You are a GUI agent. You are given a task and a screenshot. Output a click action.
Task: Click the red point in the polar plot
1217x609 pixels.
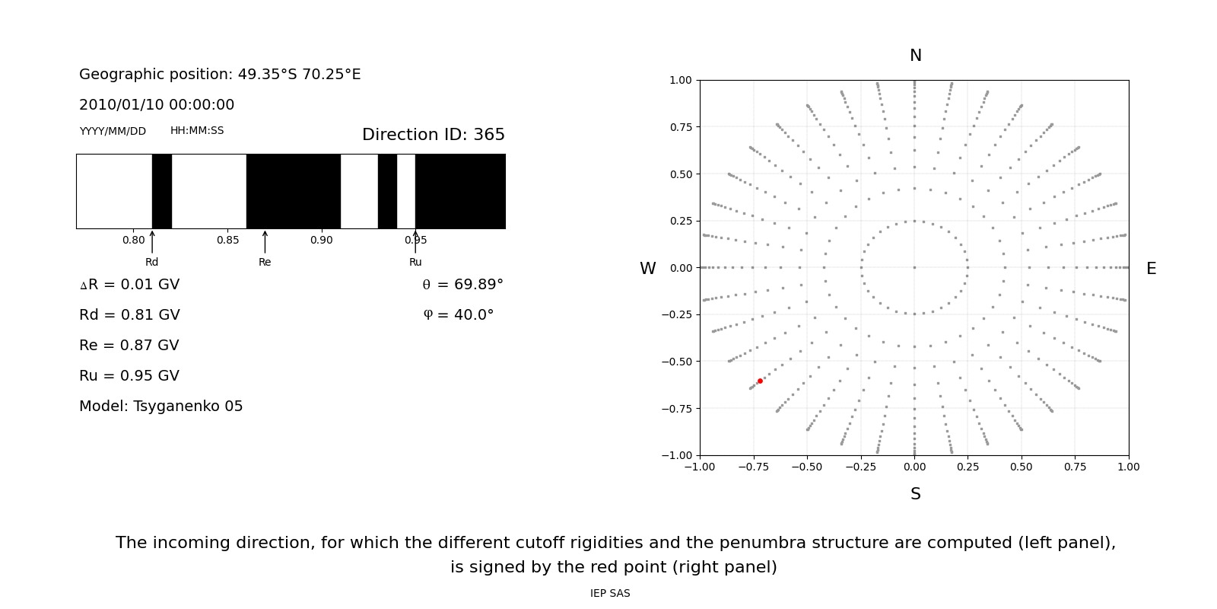click(760, 381)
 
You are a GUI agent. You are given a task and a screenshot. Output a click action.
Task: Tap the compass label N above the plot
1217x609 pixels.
click(916, 56)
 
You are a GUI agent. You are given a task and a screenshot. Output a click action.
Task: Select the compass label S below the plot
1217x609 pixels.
click(916, 494)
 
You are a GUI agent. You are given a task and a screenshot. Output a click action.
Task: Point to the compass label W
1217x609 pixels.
click(647, 269)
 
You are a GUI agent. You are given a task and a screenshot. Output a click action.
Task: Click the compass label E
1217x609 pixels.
click(1151, 269)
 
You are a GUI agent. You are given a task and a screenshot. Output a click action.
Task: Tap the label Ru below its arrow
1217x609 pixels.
click(415, 263)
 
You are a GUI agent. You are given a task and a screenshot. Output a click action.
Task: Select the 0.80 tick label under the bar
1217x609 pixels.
click(133, 241)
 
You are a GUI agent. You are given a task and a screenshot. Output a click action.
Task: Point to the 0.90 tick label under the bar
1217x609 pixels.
click(321, 241)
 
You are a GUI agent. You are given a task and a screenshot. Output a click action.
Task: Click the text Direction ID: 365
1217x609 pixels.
click(433, 135)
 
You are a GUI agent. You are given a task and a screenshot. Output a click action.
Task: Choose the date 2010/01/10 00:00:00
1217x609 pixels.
click(157, 105)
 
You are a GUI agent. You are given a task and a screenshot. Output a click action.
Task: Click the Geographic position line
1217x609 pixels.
click(220, 75)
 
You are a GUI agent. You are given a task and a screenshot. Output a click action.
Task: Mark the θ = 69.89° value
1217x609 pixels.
click(462, 285)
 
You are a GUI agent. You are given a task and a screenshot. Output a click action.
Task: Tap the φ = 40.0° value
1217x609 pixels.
click(458, 315)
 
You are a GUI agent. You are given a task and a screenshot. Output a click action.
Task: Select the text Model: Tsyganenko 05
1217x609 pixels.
click(161, 407)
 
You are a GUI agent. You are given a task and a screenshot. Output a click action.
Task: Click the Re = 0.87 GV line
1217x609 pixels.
click(129, 346)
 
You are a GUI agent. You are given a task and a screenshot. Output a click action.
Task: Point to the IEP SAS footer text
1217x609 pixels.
click(610, 594)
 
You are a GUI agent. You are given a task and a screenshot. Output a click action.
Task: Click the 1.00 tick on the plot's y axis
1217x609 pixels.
click(681, 80)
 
